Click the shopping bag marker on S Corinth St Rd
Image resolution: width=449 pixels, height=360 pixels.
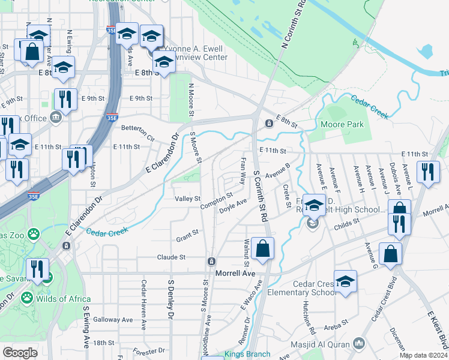coord(262,248)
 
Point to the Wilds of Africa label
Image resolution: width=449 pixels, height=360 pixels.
coord(63,299)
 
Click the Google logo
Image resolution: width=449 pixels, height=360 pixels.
coord(20,353)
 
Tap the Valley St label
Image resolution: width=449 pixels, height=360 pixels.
coord(187,199)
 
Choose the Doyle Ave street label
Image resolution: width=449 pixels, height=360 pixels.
coord(234,207)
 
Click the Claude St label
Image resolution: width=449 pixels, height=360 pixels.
coord(171,257)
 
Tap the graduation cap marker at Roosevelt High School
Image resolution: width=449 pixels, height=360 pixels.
coord(314,205)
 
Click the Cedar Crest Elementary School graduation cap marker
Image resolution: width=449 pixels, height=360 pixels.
coord(345,281)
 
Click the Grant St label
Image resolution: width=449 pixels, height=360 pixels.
coord(187,239)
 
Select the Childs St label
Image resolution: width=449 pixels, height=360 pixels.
coord(346,222)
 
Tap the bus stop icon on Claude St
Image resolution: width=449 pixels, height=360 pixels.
coord(211,261)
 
